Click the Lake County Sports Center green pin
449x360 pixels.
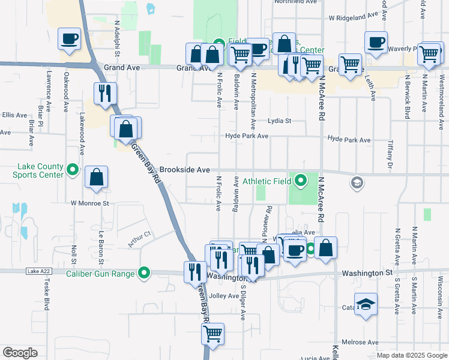click(x=73, y=170)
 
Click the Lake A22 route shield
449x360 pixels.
click(x=37, y=271)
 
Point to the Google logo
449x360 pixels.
click(x=20, y=353)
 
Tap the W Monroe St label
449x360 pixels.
click(x=89, y=203)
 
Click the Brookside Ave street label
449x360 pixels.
click(x=184, y=170)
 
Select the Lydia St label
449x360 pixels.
click(x=279, y=121)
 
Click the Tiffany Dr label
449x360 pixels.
click(x=389, y=156)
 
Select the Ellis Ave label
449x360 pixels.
click(x=14, y=115)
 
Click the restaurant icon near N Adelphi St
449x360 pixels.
click(x=105, y=94)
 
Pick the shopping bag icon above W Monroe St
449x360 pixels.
click(x=96, y=177)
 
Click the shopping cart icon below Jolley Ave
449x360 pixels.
click(x=212, y=334)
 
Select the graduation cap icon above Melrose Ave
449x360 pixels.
click(x=366, y=304)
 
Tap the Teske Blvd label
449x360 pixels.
click(x=46, y=297)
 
